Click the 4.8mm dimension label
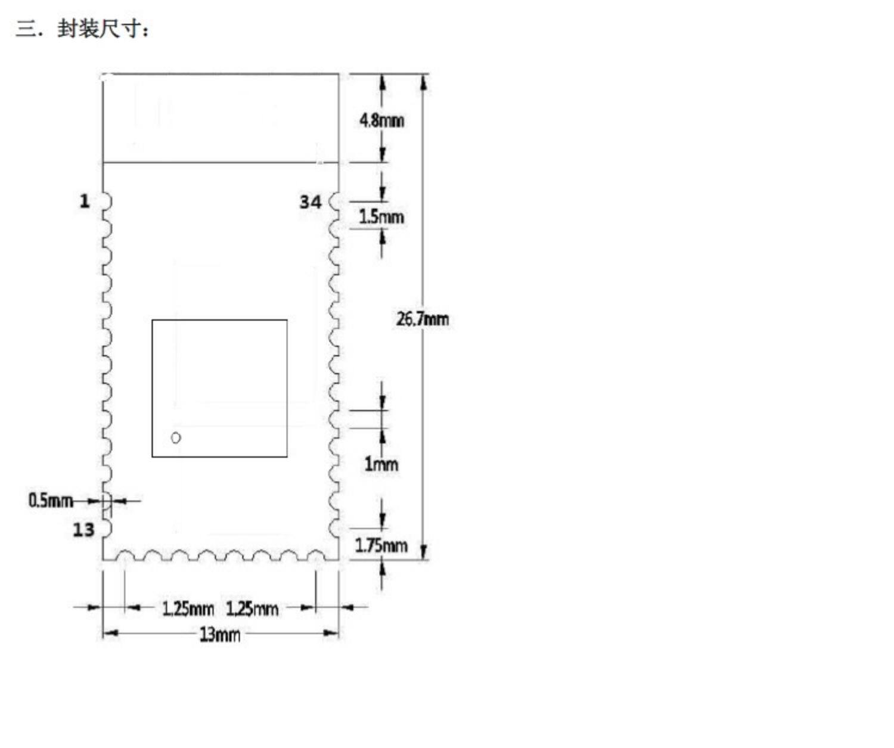(381, 120)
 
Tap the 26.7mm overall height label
(423, 319)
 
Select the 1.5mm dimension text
(381, 216)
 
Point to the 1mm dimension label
(381, 464)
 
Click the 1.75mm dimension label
(381, 545)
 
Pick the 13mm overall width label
(220, 634)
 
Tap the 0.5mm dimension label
(50, 500)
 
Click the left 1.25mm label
(188, 609)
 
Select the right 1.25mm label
(252, 609)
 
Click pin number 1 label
(85, 201)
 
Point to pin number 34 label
(310, 202)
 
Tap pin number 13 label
(84, 529)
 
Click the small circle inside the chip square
(176, 438)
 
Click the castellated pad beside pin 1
(106, 201)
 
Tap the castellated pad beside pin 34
(335, 202)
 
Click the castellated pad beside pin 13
(106, 529)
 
